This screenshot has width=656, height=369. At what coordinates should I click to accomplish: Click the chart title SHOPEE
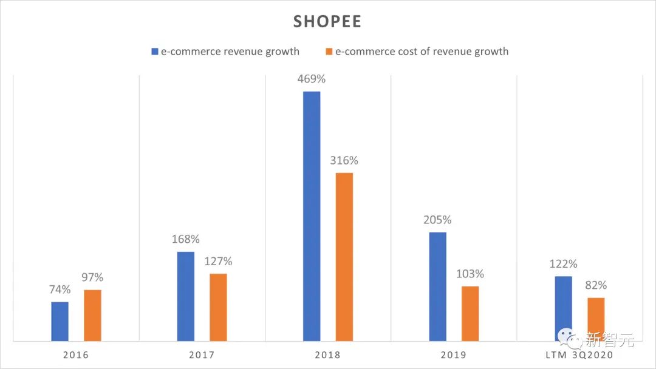[327, 22]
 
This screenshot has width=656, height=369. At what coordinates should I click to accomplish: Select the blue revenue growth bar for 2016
[60, 321]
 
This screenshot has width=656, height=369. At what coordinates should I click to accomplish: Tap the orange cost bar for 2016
[92, 315]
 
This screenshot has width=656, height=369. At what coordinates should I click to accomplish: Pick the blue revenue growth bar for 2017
[186, 296]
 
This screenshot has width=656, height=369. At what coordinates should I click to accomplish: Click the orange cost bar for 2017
[218, 307]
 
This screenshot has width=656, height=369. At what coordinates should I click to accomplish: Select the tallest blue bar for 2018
[312, 216]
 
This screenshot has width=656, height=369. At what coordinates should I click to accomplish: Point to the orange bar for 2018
[344, 257]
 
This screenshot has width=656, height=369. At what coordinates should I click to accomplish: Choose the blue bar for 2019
[437, 286]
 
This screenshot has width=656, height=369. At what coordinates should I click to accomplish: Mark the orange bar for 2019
[470, 313]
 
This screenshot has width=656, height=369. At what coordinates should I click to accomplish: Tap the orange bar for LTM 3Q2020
[596, 319]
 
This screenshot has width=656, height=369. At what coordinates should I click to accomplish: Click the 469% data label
[312, 79]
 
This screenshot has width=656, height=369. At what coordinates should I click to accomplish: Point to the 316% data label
[344, 161]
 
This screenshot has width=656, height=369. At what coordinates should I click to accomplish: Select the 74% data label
[60, 289]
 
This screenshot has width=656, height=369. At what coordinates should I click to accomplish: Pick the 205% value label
[437, 220]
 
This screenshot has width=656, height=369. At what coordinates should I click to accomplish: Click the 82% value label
[596, 285]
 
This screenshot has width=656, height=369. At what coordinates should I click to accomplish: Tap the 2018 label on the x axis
[328, 354]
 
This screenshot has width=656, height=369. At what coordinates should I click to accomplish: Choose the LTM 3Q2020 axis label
[579, 354]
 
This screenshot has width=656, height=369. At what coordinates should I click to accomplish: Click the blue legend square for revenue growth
[155, 52]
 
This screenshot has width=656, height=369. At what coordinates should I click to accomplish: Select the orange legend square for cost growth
[330, 52]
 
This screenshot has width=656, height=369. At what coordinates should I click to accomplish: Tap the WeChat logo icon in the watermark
[570, 338]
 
